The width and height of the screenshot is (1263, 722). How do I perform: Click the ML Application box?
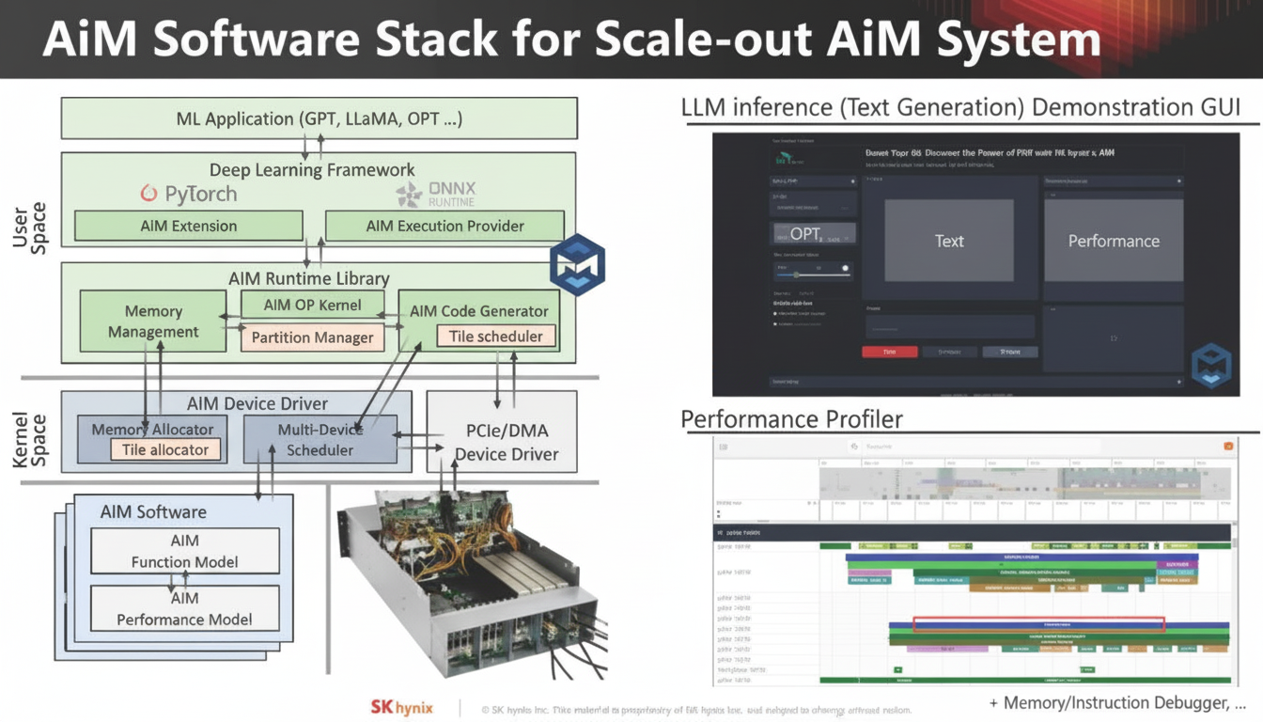(x=319, y=118)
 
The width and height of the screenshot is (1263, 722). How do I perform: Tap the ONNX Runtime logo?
(x=435, y=195)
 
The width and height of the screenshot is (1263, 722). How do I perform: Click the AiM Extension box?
(x=189, y=226)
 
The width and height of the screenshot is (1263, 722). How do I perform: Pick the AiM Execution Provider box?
(x=444, y=226)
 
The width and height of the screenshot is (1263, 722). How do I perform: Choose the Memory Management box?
(x=153, y=322)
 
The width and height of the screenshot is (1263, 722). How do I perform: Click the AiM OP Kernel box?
(x=313, y=305)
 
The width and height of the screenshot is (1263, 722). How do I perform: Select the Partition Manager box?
(x=313, y=337)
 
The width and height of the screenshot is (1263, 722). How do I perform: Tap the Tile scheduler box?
(x=495, y=336)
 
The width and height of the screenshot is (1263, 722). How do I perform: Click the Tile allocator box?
(x=165, y=449)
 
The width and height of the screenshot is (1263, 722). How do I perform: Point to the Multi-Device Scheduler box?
(x=320, y=440)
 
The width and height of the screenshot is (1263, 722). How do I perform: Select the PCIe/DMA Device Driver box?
(x=507, y=443)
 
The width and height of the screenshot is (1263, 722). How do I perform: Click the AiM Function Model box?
(x=185, y=551)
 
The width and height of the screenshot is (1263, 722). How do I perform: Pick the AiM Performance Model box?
(x=185, y=609)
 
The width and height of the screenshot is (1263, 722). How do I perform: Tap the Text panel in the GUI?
(x=949, y=241)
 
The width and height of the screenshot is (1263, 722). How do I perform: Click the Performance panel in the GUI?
(x=1114, y=241)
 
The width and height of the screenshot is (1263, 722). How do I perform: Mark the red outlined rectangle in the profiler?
(x=1038, y=624)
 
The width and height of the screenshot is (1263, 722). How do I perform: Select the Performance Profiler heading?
(x=791, y=418)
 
